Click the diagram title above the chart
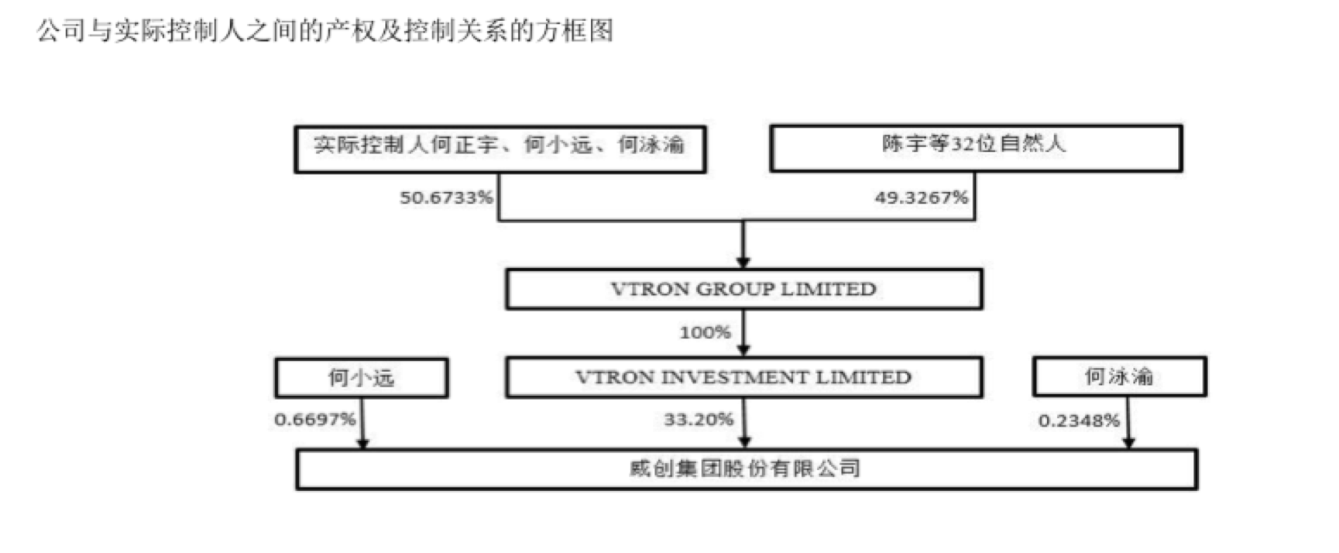[324, 31]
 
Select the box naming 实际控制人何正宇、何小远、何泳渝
[500, 148]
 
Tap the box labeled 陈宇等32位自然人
[975, 147]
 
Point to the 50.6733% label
[446, 197]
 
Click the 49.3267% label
[921, 197]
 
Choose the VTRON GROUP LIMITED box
[743, 289]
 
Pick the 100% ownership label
[705, 332]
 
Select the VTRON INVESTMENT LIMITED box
[743, 377]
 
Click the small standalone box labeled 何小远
[361, 378]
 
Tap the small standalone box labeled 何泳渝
[1119, 377]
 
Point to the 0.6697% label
[314, 420]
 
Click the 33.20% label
[699, 420]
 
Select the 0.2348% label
[1079, 421]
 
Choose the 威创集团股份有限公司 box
[746, 469]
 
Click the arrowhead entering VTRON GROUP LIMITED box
[743, 263]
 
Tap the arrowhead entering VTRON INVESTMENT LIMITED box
[743, 350]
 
